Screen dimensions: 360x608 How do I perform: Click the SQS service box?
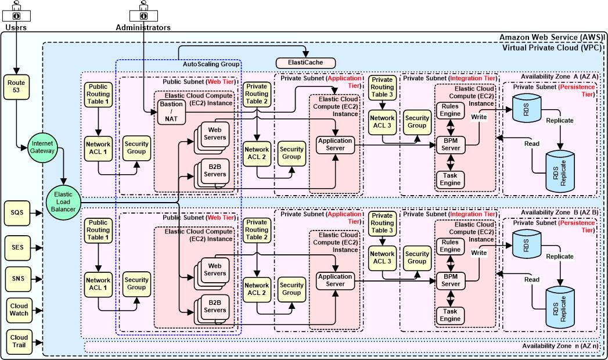click(17, 213)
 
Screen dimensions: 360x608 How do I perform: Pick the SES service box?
click(17, 247)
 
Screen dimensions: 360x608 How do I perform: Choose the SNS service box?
click(17, 278)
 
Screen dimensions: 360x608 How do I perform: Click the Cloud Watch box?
click(19, 311)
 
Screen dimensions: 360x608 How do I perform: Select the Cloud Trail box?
click(19, 341)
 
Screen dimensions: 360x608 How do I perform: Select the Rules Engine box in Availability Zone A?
click(450, 110)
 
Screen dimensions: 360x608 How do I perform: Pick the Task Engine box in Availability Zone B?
click(450, 315)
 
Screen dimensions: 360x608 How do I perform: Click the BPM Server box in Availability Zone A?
click(450, 145)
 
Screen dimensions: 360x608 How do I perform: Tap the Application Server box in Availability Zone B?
click(335, 280)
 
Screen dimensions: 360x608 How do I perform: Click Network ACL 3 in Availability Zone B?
click(382, 257)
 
